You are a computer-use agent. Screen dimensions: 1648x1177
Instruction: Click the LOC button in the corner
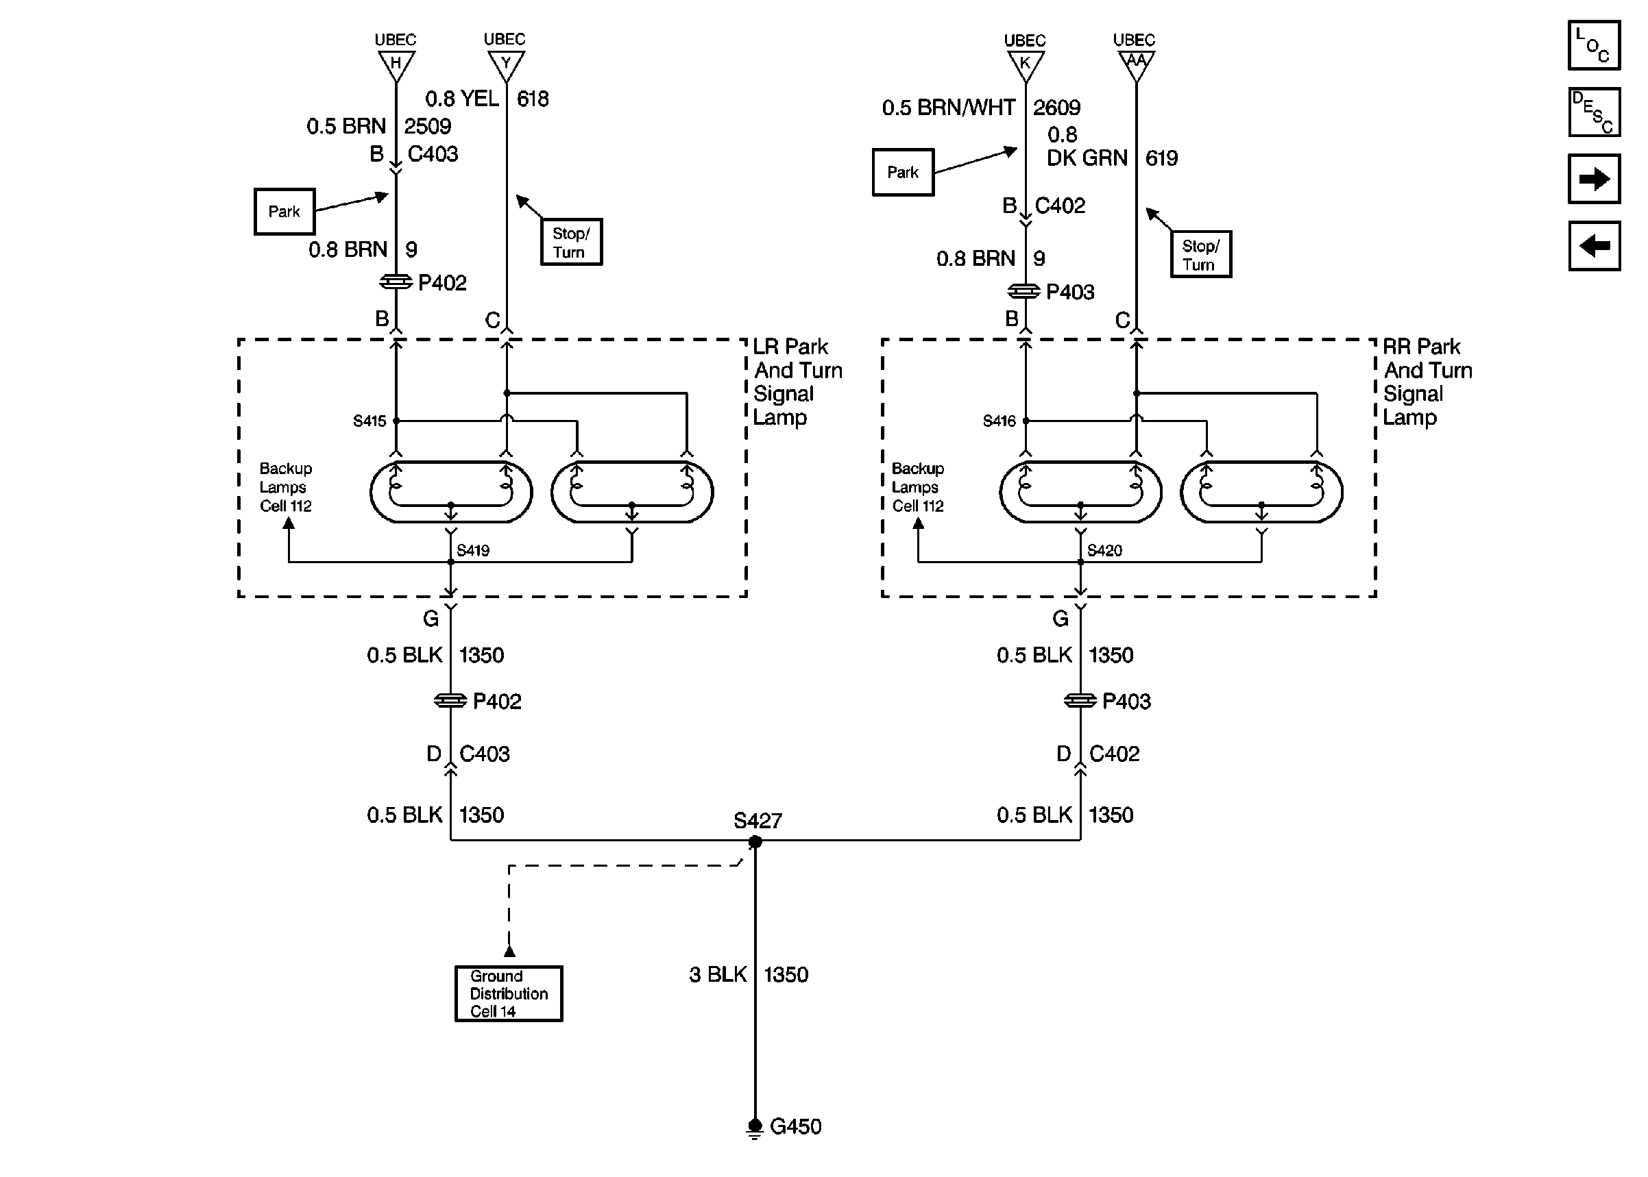(1594, 45)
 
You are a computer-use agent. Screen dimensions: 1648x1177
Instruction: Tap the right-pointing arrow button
(1594, 178)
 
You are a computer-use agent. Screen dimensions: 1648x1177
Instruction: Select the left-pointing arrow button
(1594, 246)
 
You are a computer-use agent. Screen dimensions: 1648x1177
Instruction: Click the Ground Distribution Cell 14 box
(509, 993)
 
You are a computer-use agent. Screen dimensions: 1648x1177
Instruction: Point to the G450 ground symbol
(755, 1128)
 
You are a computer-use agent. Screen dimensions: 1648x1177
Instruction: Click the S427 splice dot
(755, 841)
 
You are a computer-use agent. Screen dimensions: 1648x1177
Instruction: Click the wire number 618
(532, 99)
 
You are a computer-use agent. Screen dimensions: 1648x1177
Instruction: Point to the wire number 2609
(1056, 108)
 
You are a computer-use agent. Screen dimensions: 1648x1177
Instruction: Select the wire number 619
(1161, 158)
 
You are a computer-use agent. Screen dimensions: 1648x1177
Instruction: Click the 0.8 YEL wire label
(462, 99)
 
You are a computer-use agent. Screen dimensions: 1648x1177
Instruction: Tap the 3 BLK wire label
(718, 975)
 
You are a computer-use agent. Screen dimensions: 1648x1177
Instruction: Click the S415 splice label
(369, 421)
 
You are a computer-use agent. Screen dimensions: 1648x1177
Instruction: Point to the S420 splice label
(1104, 550)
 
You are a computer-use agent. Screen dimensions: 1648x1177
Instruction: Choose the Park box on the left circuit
(284, 212)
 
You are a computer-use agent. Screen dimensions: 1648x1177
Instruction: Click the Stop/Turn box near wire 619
(1200, 254)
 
